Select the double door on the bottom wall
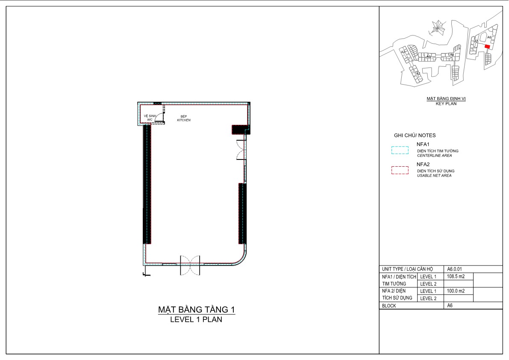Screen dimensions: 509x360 (190, 265)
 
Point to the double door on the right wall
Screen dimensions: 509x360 (241, 150)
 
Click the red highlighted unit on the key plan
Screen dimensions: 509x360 (487, 47)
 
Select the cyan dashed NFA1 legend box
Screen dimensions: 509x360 (400, 150)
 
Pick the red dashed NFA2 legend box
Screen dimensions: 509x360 (400, 170)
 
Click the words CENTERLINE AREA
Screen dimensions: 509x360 (434, 156)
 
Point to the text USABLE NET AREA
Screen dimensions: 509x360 (434, 176)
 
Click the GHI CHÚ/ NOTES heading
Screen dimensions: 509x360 (415, 136)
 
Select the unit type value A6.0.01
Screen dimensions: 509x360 (454, 269)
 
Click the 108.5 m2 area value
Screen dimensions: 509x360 (456, 277)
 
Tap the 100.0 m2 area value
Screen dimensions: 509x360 (456, 291)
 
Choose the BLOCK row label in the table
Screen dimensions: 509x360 (389, 306)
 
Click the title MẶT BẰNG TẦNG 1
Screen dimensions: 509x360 (197, 310)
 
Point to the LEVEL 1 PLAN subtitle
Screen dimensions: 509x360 (197, 319)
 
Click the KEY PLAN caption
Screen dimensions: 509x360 (446, 104)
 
